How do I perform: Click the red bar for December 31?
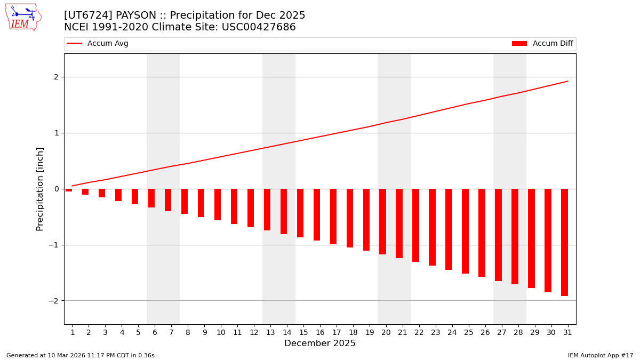[x=564, y=242]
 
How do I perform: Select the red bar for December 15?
[x=300, y=213]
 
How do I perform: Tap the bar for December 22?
[x=415, y=225]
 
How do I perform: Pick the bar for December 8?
[x=185, y=201]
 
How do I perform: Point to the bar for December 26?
[x=482, y=233]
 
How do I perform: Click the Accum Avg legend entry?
[x=98, y=44]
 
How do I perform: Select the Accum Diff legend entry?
[x=542, y=44]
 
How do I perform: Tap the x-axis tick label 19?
[x=370, y=333]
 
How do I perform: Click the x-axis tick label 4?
[x=122, y=333]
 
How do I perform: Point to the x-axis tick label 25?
[x=468, y=333]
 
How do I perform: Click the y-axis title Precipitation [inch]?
[x=40, y=189]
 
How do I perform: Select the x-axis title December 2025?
[x=320, y=343]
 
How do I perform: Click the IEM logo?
[x=23, y=17]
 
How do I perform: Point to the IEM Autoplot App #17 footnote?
[x=601, y=355]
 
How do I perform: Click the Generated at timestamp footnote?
[x=81, y=355]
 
